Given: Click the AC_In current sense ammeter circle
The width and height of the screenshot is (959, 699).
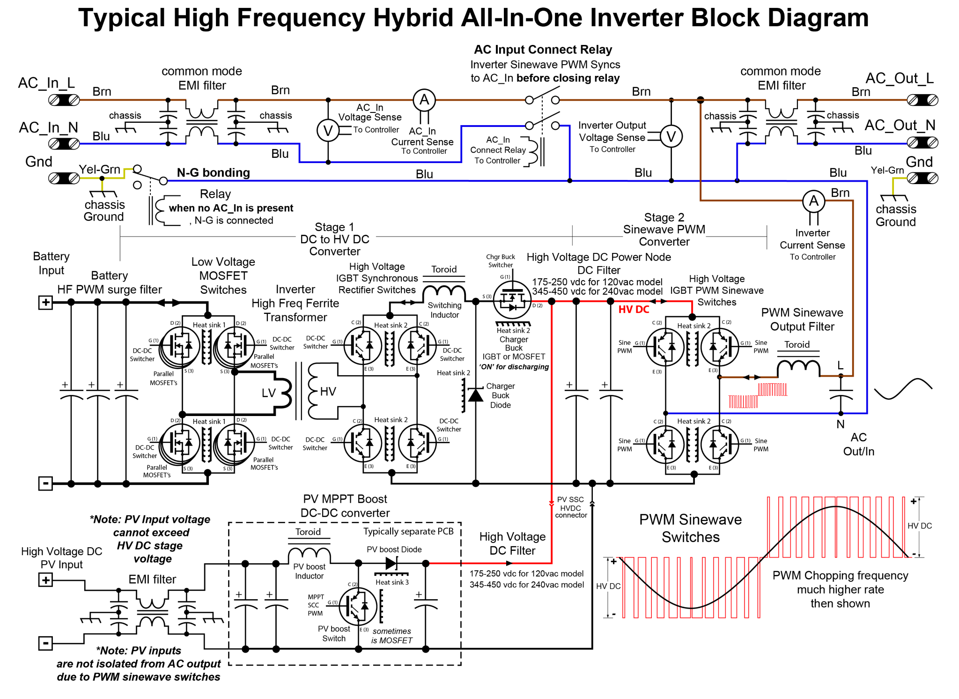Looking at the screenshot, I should click(x=424, y=100).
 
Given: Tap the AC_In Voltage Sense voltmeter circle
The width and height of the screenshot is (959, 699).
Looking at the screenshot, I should click(x=328, y=131).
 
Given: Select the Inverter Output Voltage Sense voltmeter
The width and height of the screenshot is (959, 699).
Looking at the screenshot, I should click(x=671, y=137).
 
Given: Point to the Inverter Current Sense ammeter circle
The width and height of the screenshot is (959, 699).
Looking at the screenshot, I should click(x=814, y=201).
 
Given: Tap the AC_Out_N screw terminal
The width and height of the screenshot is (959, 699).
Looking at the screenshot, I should click(x=922, y=142).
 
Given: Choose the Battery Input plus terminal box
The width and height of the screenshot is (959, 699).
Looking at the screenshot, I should click(x=45, y=303).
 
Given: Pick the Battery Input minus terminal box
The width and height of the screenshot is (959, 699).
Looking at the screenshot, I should click(x=45, y=483).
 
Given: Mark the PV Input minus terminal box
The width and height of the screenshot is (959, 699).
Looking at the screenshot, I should click(x=45, y=643).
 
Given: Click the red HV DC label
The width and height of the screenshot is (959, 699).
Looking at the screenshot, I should click(x=634, y=310).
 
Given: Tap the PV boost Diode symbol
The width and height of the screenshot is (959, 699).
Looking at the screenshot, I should click(x=391, y=564).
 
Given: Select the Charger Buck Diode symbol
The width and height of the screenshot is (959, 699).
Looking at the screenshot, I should click(x=476, y=395).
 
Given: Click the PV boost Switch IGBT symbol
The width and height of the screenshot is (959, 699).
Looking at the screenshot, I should click(x=358, y=606).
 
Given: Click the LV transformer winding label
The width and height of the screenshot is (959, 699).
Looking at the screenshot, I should click(x=268, y=393).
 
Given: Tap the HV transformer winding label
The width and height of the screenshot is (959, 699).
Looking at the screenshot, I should click(x=328, y=392).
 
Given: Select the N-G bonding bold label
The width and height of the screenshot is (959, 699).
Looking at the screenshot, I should click(x=213, y=173).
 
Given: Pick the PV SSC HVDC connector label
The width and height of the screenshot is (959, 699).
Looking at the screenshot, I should click(x=571, y=507).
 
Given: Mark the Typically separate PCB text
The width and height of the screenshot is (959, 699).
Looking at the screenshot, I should click(x=408, y=531).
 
